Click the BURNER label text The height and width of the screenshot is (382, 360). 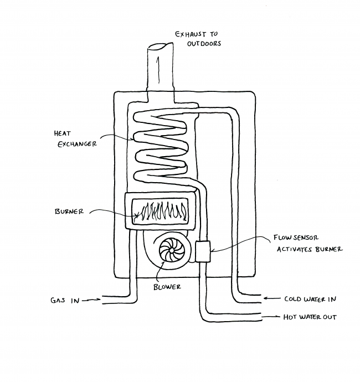point(70,211)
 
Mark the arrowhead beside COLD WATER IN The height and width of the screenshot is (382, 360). point(266,298)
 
